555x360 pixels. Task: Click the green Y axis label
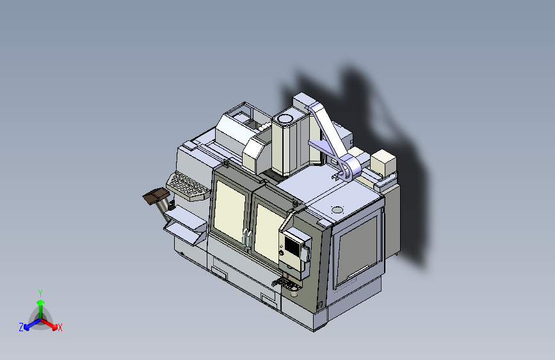pyautogui.click(x=40, y=292)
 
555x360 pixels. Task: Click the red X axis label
pyautogui.click(x=60, y=328)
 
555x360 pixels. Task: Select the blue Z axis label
pyautogui.click(x=21, y=327)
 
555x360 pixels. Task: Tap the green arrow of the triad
pyautogui.click(x=40, y=304)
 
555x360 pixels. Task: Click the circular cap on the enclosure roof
pyautogui.click(x=337, y=209)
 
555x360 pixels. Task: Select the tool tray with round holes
pyautogui.click(x=188, y=186)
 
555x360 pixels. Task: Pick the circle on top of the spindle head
pyautogui.click(x=284, y=119)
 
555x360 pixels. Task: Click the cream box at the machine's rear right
pyautogui.click(x=383, y=163)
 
